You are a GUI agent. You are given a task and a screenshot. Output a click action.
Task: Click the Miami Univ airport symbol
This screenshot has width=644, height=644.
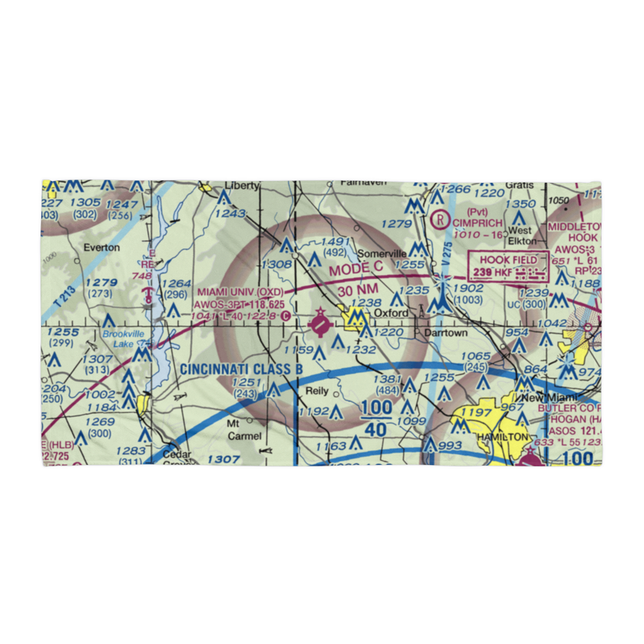[319, 324]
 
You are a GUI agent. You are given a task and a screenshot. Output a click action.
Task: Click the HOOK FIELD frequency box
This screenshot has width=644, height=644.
[509, 267]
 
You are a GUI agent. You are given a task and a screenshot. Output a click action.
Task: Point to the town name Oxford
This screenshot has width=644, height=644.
[392, 313]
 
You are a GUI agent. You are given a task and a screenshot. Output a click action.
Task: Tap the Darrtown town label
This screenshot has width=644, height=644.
[444, 334]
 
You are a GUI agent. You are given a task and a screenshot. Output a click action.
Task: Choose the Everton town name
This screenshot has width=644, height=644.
[101, 247]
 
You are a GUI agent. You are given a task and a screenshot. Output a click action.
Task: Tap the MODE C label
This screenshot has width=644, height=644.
[356, 267]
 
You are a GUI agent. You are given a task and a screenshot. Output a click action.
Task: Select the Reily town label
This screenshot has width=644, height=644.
[317, 391]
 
